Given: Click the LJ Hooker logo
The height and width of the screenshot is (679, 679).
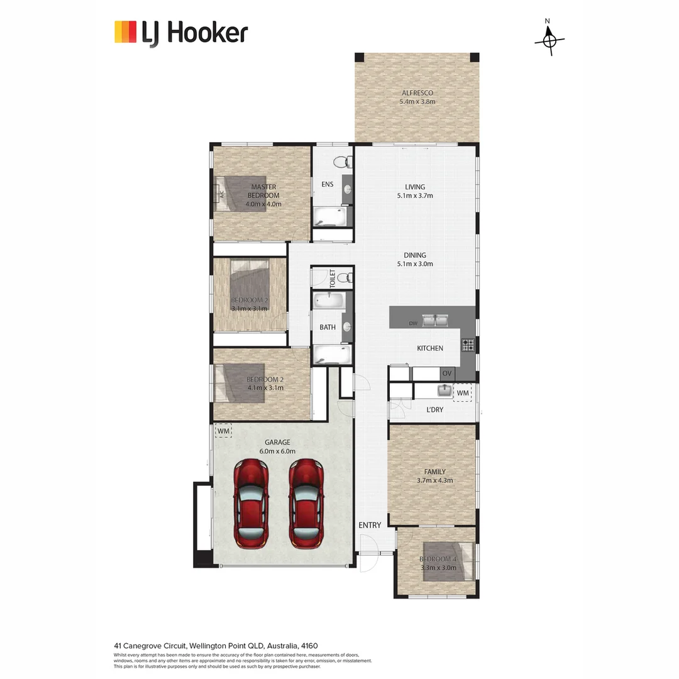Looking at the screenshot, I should coord(181,33).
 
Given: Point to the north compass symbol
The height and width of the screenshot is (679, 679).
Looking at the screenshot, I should coord(549,40).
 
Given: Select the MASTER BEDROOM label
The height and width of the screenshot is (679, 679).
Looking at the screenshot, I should coord(264,191).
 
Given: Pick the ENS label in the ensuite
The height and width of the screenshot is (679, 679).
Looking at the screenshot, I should coord(327,184).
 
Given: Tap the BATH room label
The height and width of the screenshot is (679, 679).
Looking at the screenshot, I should coord(328,327).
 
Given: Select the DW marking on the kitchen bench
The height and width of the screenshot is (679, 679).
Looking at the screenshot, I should coord(413,323).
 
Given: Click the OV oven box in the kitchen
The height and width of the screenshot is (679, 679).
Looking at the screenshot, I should coord(447,373).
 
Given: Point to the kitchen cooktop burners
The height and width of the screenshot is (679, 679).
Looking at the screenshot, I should coord(468,345).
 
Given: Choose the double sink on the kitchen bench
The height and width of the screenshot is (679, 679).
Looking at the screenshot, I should coord(435,321).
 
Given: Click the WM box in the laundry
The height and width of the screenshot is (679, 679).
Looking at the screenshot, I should coord(463,393).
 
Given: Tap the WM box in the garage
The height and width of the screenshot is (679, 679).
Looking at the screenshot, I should coord(223,431).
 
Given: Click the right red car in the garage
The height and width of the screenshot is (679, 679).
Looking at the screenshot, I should coord(306,502).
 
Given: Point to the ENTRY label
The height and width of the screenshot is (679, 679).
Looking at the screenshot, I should coord(370,525).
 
